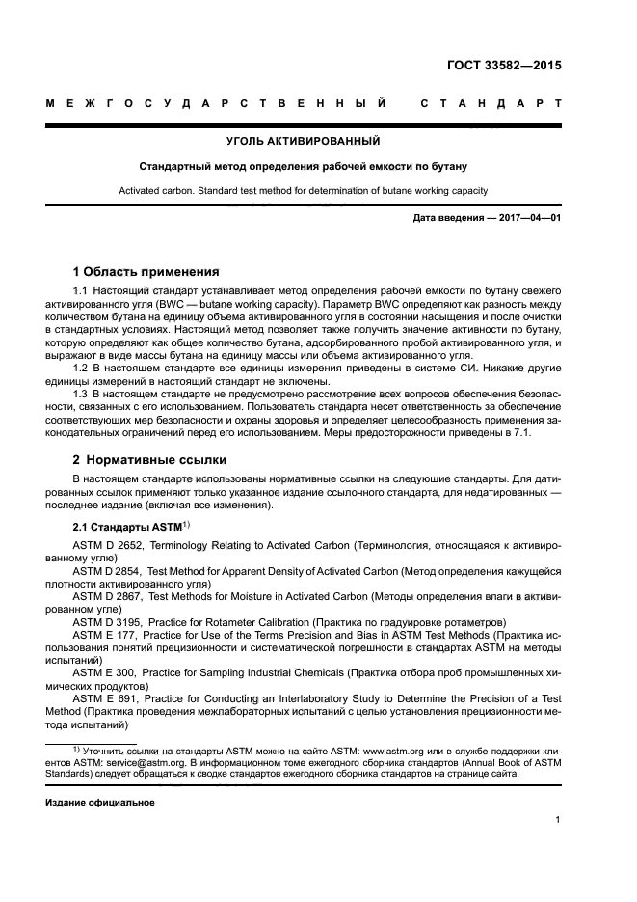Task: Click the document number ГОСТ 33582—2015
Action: (504, 67)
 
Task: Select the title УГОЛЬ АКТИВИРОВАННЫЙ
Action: (303, 142)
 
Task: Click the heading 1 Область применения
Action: (146, 271)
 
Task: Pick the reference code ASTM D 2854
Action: (106, 572)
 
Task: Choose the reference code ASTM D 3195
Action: (106, 621)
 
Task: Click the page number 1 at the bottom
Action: (558, 820)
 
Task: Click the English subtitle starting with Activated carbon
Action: (303, 190)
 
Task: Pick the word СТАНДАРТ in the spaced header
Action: (491, 102)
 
